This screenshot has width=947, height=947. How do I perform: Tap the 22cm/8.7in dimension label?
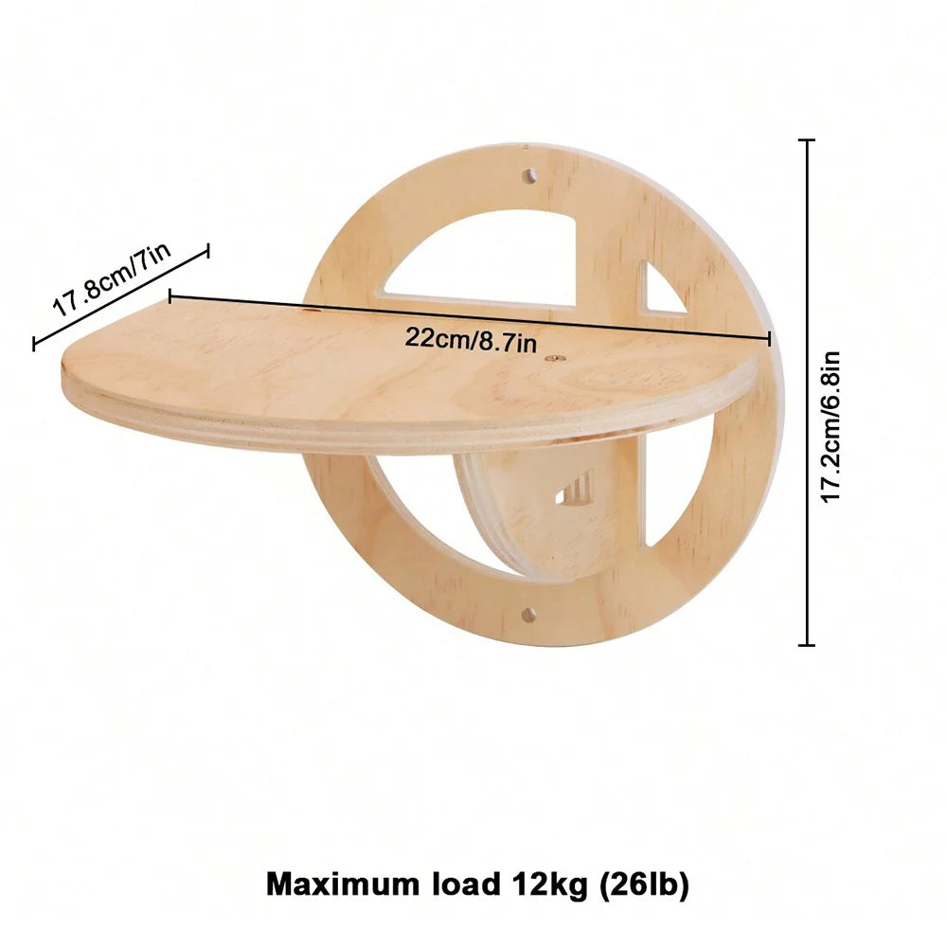pos(472,337)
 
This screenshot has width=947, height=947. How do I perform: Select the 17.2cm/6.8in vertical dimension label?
pos(831,426)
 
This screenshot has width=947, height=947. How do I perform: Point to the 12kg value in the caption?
pos(536,885)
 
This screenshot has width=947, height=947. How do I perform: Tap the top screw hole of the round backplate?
pos(529,176)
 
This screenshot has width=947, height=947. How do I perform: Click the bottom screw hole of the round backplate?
pos(528,615)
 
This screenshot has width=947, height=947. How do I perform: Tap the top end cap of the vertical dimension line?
pos(807,140)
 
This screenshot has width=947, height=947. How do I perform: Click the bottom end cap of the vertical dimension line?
pos(807,645)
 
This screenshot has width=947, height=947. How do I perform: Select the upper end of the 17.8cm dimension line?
pos(207,249)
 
